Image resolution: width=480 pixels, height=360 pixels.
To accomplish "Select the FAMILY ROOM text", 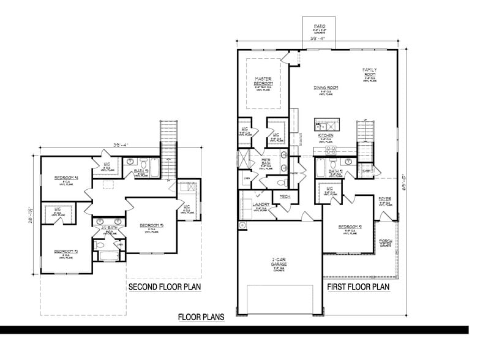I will point(369,72).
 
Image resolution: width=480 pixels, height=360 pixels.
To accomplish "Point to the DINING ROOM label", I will point(326,88).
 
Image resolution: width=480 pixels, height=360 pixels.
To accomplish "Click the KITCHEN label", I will point(326,135).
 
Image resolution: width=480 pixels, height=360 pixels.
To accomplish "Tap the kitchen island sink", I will point(323,122).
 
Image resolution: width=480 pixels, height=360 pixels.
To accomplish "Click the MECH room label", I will point(285,197).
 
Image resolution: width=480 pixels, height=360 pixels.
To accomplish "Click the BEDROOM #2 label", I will point(351,227).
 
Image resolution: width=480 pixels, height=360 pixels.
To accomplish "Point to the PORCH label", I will point(386,241).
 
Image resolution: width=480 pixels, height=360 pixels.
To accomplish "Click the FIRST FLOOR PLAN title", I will point(358,287).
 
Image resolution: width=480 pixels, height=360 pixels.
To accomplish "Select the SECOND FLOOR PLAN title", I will point(165,287).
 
